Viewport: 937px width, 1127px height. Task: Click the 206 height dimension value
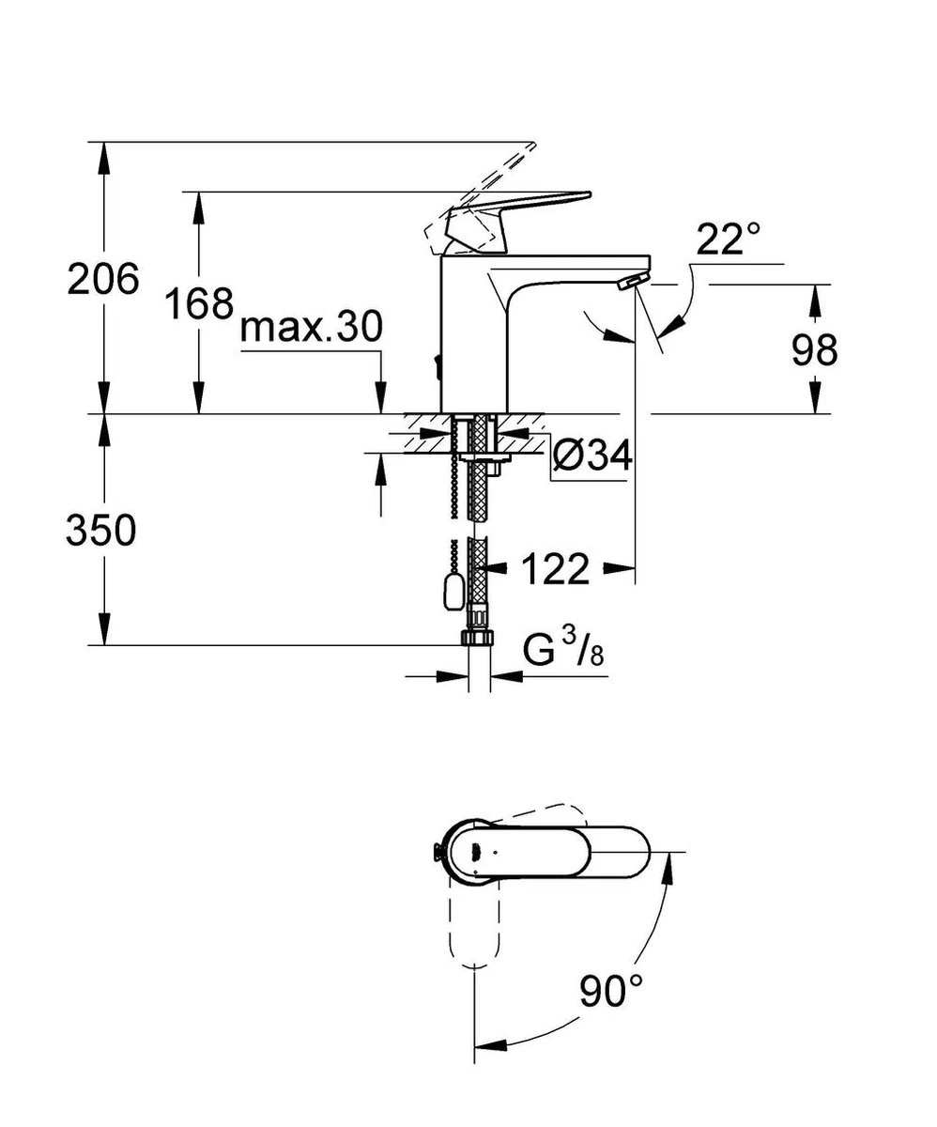click(x=103, y=279)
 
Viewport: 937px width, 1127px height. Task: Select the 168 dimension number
click(x=198, y=303)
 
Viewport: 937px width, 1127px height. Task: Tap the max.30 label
click(x=311, y=328)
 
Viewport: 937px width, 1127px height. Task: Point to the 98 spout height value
click(x=813, y=350)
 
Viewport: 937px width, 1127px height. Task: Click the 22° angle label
click(x=728, y=240)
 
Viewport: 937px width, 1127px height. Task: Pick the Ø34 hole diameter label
click(x=591, y=456)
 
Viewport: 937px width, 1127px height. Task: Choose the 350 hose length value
click(x=101, y=531)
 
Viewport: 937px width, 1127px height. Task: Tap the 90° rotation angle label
click(x=611, y=992)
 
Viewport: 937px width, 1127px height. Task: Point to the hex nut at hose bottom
click(x=477, y=637)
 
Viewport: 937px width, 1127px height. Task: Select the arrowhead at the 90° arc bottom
click(x=488, y=1047)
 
